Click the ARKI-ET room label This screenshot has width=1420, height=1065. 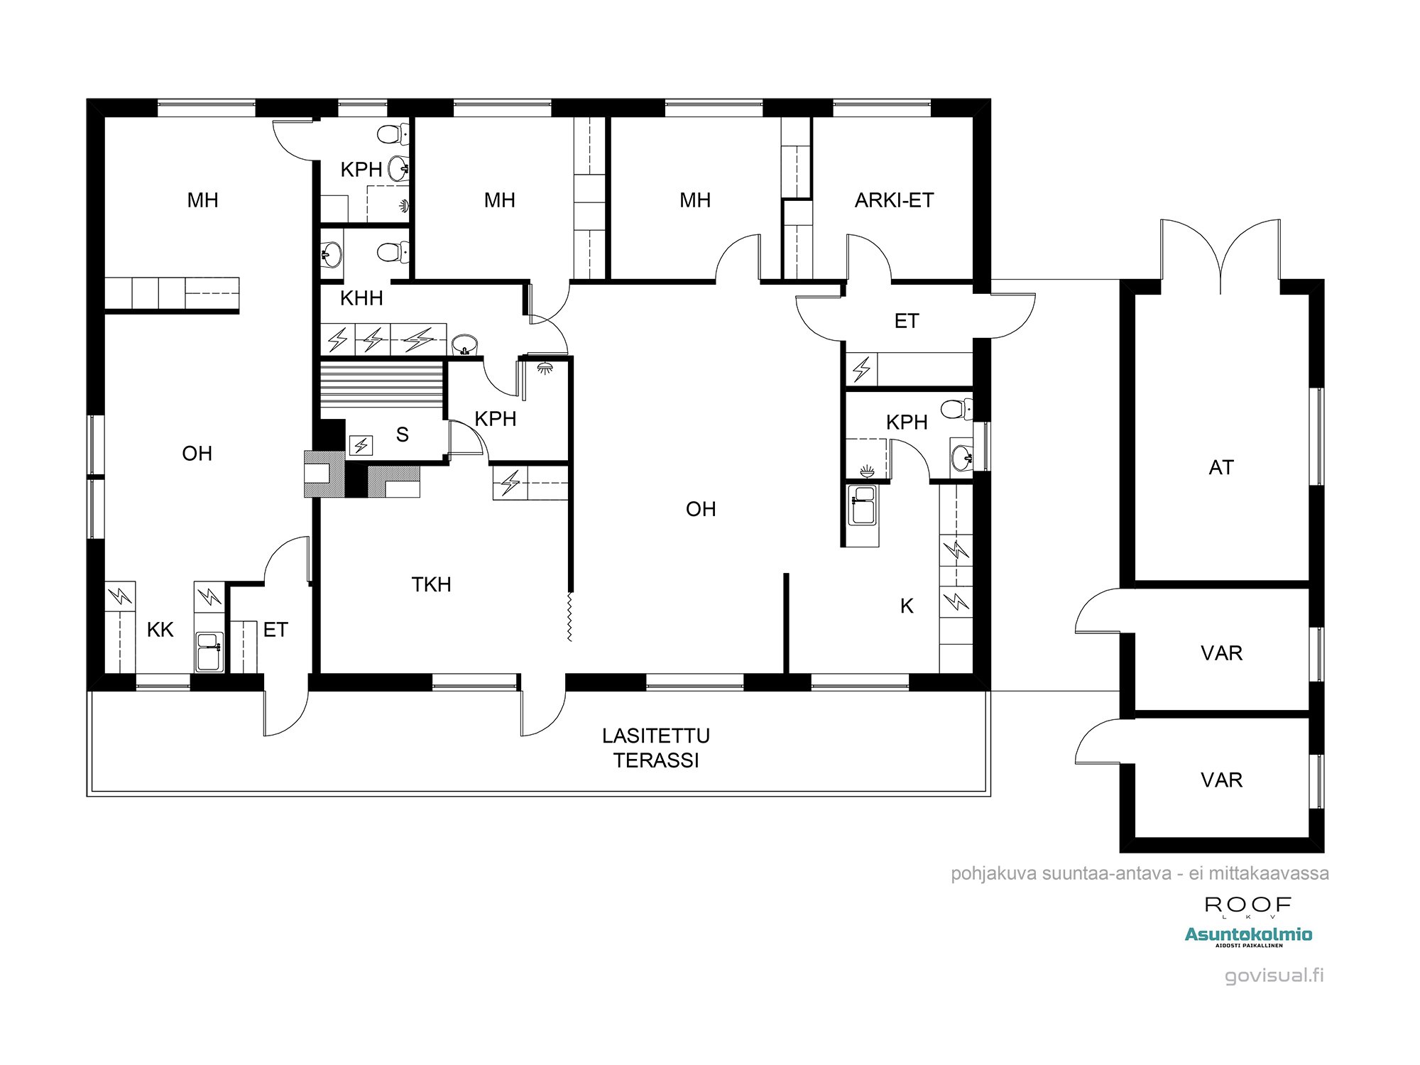click(x=894, y=200)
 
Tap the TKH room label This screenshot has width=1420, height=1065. click(x=431, y=584)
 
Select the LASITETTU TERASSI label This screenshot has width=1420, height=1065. click(x=656, y=748)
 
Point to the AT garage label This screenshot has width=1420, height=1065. click(x=1221, y=467)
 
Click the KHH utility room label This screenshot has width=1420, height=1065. click(x=361, y=298)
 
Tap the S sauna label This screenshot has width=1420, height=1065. click(x=403, y=435)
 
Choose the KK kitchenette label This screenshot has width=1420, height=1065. click(x=160, y=630)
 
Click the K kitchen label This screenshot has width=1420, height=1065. click(x=907, y=606)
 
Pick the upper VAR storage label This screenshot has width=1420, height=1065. click(x=1221, y=653)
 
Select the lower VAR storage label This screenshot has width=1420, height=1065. click(x=1221, y=780)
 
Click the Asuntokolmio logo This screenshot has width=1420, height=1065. click(x=1248, y=936)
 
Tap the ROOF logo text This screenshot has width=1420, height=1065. click(x=1247, y=905)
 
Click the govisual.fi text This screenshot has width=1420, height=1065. click(x=1274, y=976)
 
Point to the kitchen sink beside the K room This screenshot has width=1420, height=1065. click(x=863, y=505)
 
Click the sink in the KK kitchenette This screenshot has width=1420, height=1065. click(x=209, y=652)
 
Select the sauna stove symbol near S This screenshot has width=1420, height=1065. click(x=361, y=445)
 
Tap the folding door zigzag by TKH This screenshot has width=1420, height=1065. click(x=569, y=617)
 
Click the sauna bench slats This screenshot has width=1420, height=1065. click(x=382, y=383)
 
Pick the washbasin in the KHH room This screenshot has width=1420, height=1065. click(x=464, y=344)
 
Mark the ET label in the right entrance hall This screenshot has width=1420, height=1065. click(x=907, y=321)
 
